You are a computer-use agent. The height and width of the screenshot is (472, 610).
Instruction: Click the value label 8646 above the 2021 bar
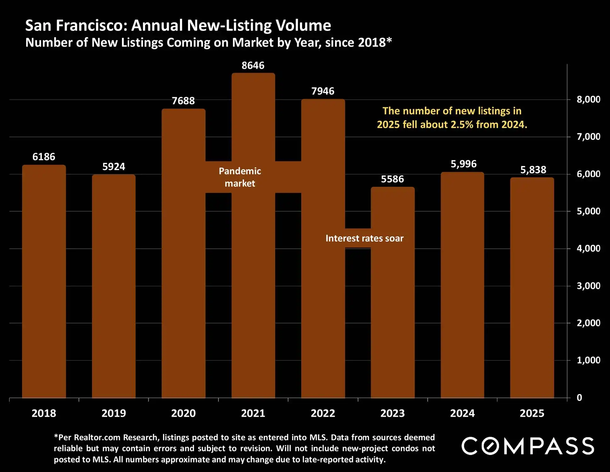click(253, 66)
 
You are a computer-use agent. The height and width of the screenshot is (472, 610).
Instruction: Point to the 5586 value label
click(392, 179)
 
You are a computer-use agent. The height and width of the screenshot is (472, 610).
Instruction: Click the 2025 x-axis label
click(532, 413)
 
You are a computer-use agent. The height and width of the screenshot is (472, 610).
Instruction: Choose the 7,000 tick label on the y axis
click(588, 137)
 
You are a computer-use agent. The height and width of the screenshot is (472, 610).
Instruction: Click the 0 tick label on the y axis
click(579, 398)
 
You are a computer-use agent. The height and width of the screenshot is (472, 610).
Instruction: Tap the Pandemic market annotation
click(240, 177)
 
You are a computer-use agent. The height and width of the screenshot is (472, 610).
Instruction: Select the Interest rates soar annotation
click(364, 238)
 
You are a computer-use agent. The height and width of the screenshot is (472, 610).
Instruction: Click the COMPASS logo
click(528, 446)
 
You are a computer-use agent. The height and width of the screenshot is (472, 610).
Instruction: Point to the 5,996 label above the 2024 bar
click(463, 164)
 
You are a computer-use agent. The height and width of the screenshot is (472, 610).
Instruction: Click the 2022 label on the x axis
click(323, 413)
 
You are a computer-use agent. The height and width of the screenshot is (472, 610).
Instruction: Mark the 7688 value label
click(183, 101)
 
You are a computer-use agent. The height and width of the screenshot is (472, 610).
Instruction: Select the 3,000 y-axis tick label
click(588, 286)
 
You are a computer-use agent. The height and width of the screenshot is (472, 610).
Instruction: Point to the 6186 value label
click(44, 157)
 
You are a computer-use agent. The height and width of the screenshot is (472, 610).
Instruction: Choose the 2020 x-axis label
click(183, 413)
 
